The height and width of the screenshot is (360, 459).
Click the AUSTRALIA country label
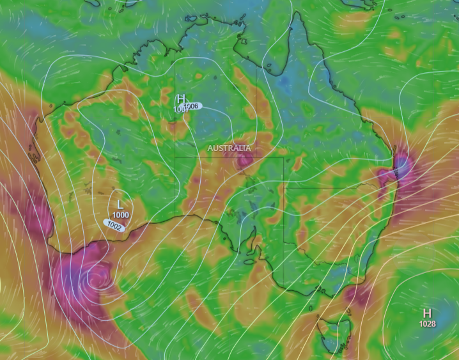pyautogui.click(x=229, y=148)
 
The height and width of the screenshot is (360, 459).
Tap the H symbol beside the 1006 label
pyautogui.click(x=181, y=99)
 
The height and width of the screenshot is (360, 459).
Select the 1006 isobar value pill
pyautogui.click(x=192, y=106)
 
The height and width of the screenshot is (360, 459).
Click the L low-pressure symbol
pyautogui.click(x=120, y=204)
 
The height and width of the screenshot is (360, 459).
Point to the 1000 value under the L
pyautogui.click(x=120, y=215)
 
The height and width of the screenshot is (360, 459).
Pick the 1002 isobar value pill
pyautogui.click(x=114, y=225)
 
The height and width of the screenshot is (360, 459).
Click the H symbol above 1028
pyautogui.click(x=426, y=313)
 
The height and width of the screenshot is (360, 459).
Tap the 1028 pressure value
pyautogui.click(x=427, y=324)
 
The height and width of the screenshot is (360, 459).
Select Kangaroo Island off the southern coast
pyautogui.click(x=249, y=262)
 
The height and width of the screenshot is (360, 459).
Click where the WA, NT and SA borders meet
pyautogui.click(x=175, y=157)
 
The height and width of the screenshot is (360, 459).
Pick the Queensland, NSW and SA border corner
pyautogui.click(x=284, y=188)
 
